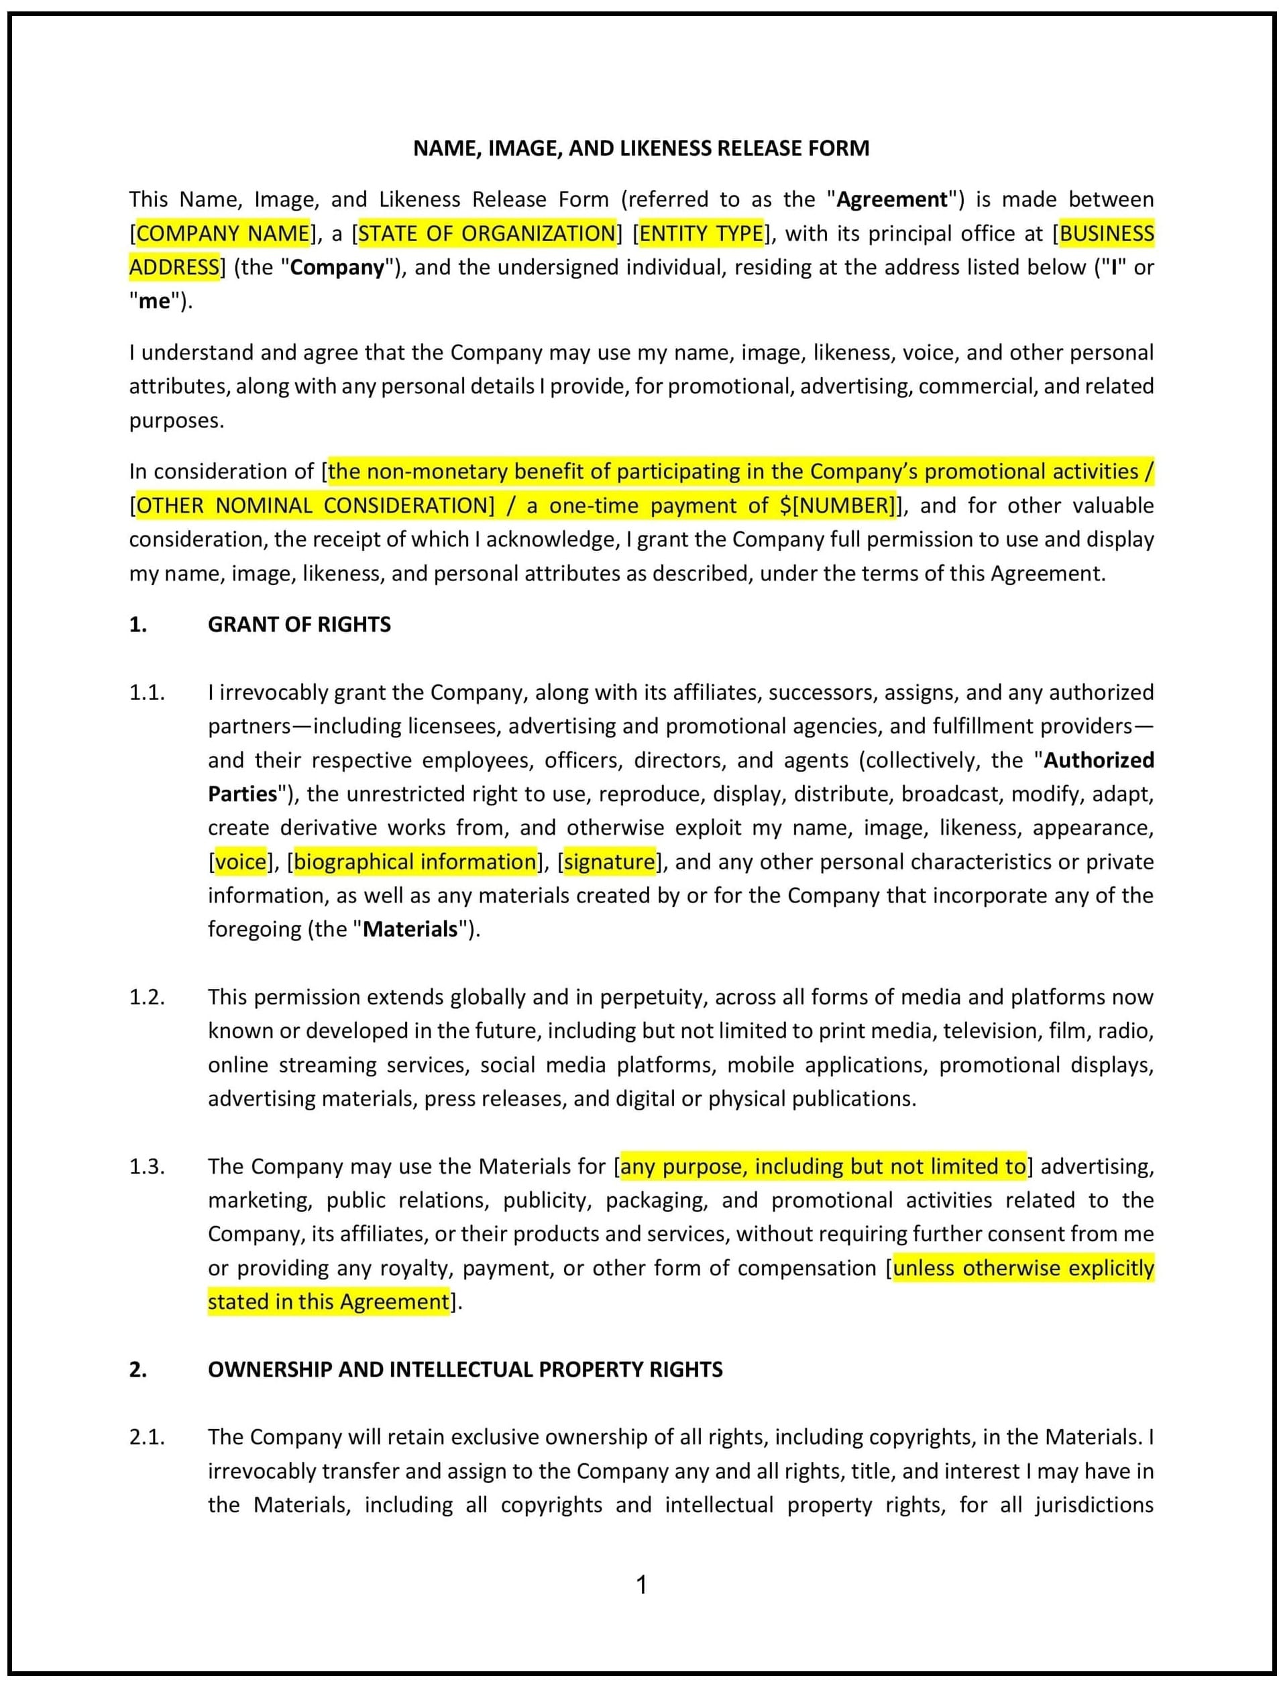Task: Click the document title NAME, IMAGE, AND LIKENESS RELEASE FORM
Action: [641, 148]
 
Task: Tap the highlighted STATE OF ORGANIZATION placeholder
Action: [486, 233]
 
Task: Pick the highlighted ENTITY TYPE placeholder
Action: [701, 233]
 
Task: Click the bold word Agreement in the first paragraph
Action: [891, 199]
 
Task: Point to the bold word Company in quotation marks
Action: [337, 267]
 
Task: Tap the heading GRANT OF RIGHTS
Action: [299, 625]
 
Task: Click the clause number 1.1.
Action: [146, 692]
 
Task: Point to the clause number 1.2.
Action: [146, 997]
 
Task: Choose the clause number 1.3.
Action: [146, 1167]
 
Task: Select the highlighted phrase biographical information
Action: [415, 861]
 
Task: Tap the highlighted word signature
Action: [609, 861]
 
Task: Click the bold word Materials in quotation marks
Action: [410, 929]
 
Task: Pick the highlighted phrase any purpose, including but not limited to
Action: [823, 1167]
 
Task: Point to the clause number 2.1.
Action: [146, 1437]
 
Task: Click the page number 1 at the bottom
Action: [641, 1585]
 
